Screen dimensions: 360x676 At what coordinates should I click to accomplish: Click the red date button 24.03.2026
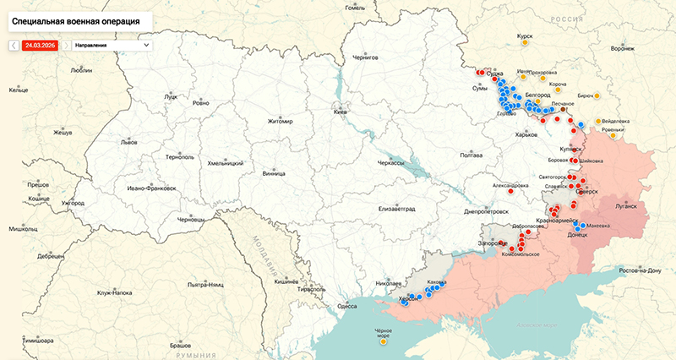tap(40, 44)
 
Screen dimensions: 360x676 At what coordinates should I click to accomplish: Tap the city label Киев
tap(341, 112)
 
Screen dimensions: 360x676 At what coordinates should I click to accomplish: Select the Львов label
tap(128, 143)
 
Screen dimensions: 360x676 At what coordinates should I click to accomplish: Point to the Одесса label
tap(346, 306)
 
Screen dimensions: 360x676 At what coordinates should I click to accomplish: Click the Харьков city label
tap(526, 134)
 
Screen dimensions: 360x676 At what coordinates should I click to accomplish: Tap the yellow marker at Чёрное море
tap(384, 342)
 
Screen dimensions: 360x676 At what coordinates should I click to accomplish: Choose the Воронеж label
tap(622, 48)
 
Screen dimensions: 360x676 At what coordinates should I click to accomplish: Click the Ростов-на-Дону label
tap(640, 270)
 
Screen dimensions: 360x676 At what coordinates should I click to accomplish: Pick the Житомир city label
tap(279, 122)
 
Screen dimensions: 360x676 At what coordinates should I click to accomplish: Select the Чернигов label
tap(367, 57)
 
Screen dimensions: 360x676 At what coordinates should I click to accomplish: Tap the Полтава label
tap(471, 155)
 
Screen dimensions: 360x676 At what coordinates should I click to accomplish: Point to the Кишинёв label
tap(287, 281)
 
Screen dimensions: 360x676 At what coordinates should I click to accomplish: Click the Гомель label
tap(355, 8)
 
